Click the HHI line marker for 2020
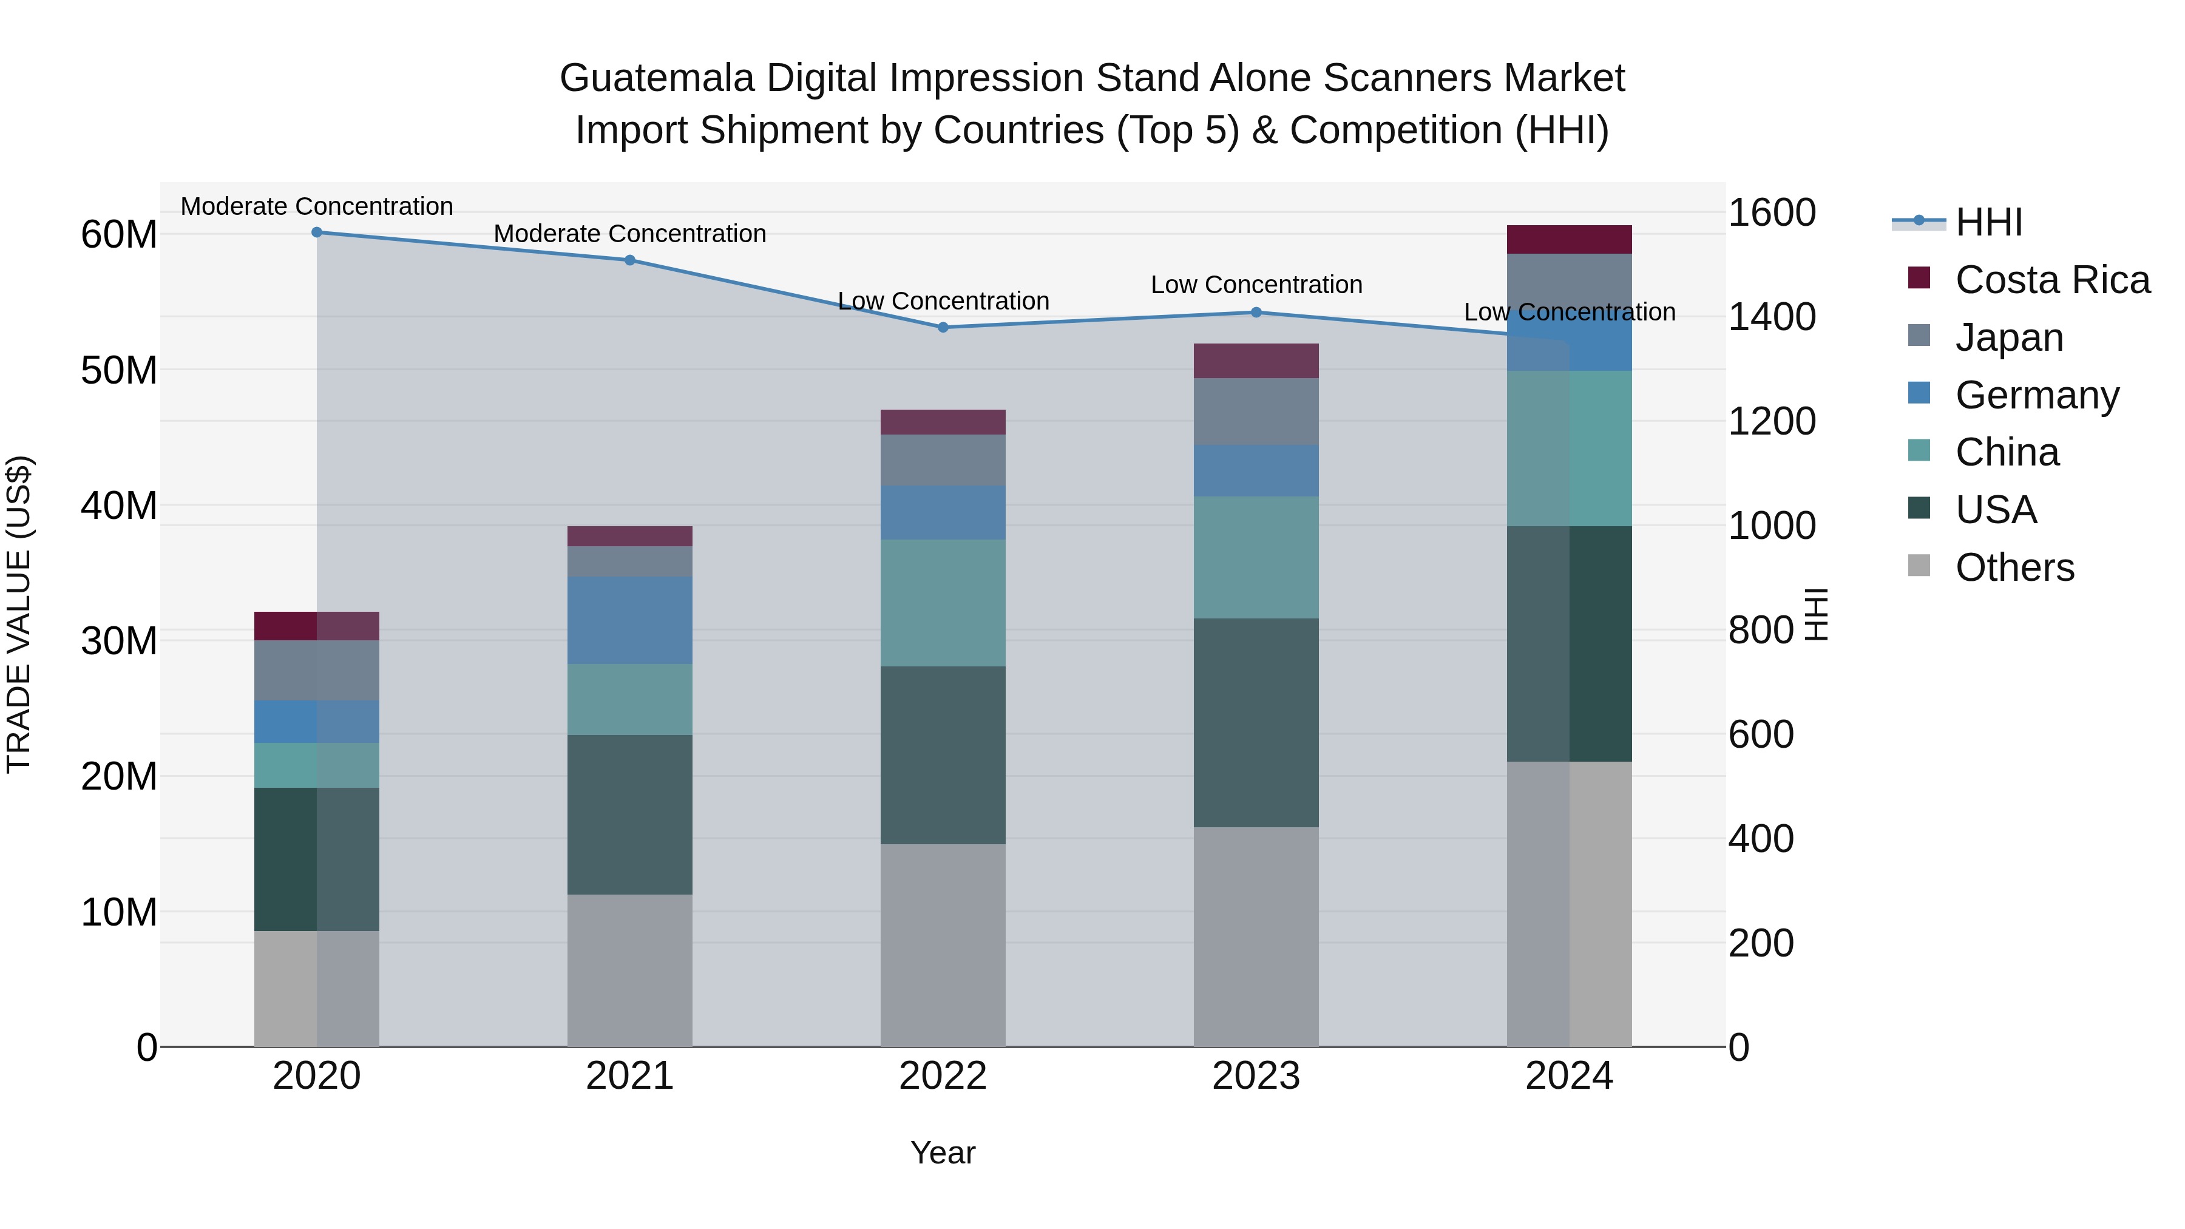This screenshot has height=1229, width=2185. click(x=316, y=232)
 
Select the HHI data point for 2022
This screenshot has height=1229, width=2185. click(x=943, y=327)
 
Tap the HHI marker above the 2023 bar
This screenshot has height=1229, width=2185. click(x=1256, y=312)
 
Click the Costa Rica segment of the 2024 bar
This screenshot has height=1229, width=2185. click(x=1569, y=239)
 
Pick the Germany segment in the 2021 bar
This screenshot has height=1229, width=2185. click(x=629, y=620)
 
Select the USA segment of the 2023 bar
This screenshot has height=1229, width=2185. click(x=1256, y=723)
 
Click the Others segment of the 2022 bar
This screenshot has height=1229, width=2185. click(x=943, y=945)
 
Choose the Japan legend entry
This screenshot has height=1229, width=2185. click(x=2008, y=337)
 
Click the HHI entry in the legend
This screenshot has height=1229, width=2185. click(x=1988, y=222)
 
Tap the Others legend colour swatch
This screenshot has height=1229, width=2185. click(x=1919, y=566)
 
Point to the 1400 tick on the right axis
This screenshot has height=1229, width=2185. click(x=1772, y=317)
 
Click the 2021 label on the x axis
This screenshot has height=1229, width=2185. click(x=629, y=1076)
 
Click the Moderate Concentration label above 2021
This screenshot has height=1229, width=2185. click(x=629, y=233)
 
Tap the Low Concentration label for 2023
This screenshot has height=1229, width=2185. click(x=1256, y=285)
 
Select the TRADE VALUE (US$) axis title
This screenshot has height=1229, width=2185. click(x=19, y=614)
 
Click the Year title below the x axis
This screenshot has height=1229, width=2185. click(x=943, y=1153)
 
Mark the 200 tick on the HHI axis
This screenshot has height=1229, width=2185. click(x=1761, y=943)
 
